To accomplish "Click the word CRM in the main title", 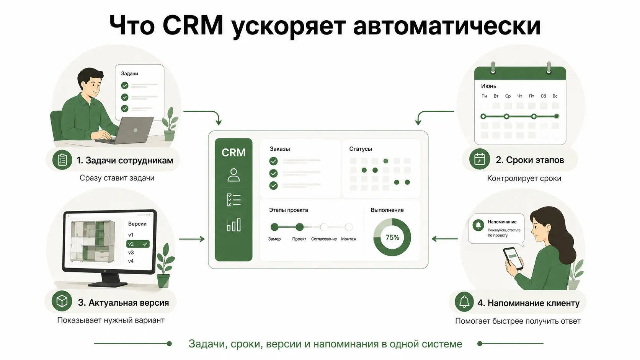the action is click(193, 25).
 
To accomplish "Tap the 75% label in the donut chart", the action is click(392, 238).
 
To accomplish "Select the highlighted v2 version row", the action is click(138, 244).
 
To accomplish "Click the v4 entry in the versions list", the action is click(131, 261).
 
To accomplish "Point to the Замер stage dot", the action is click(274, 227).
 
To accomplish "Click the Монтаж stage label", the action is click(349, 239).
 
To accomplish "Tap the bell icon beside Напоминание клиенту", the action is click(464, 302).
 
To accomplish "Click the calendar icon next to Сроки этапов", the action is click(480, 159).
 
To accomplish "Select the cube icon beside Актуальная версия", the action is click(62, 301).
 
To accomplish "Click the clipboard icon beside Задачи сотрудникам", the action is click(62, 160).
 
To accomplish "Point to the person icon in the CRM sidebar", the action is click(233, 175).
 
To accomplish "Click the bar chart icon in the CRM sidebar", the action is click(233, 225).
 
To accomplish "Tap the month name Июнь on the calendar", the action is click(488, 86).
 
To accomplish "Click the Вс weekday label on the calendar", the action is click(555, 96).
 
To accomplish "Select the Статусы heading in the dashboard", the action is click(361, 149).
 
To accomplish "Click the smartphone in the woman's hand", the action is click(513, 258).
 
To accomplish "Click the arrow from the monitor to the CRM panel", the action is click(192, 239).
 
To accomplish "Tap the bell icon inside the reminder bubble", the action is click(478, 225).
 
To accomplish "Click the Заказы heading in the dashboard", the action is click(280, 149).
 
